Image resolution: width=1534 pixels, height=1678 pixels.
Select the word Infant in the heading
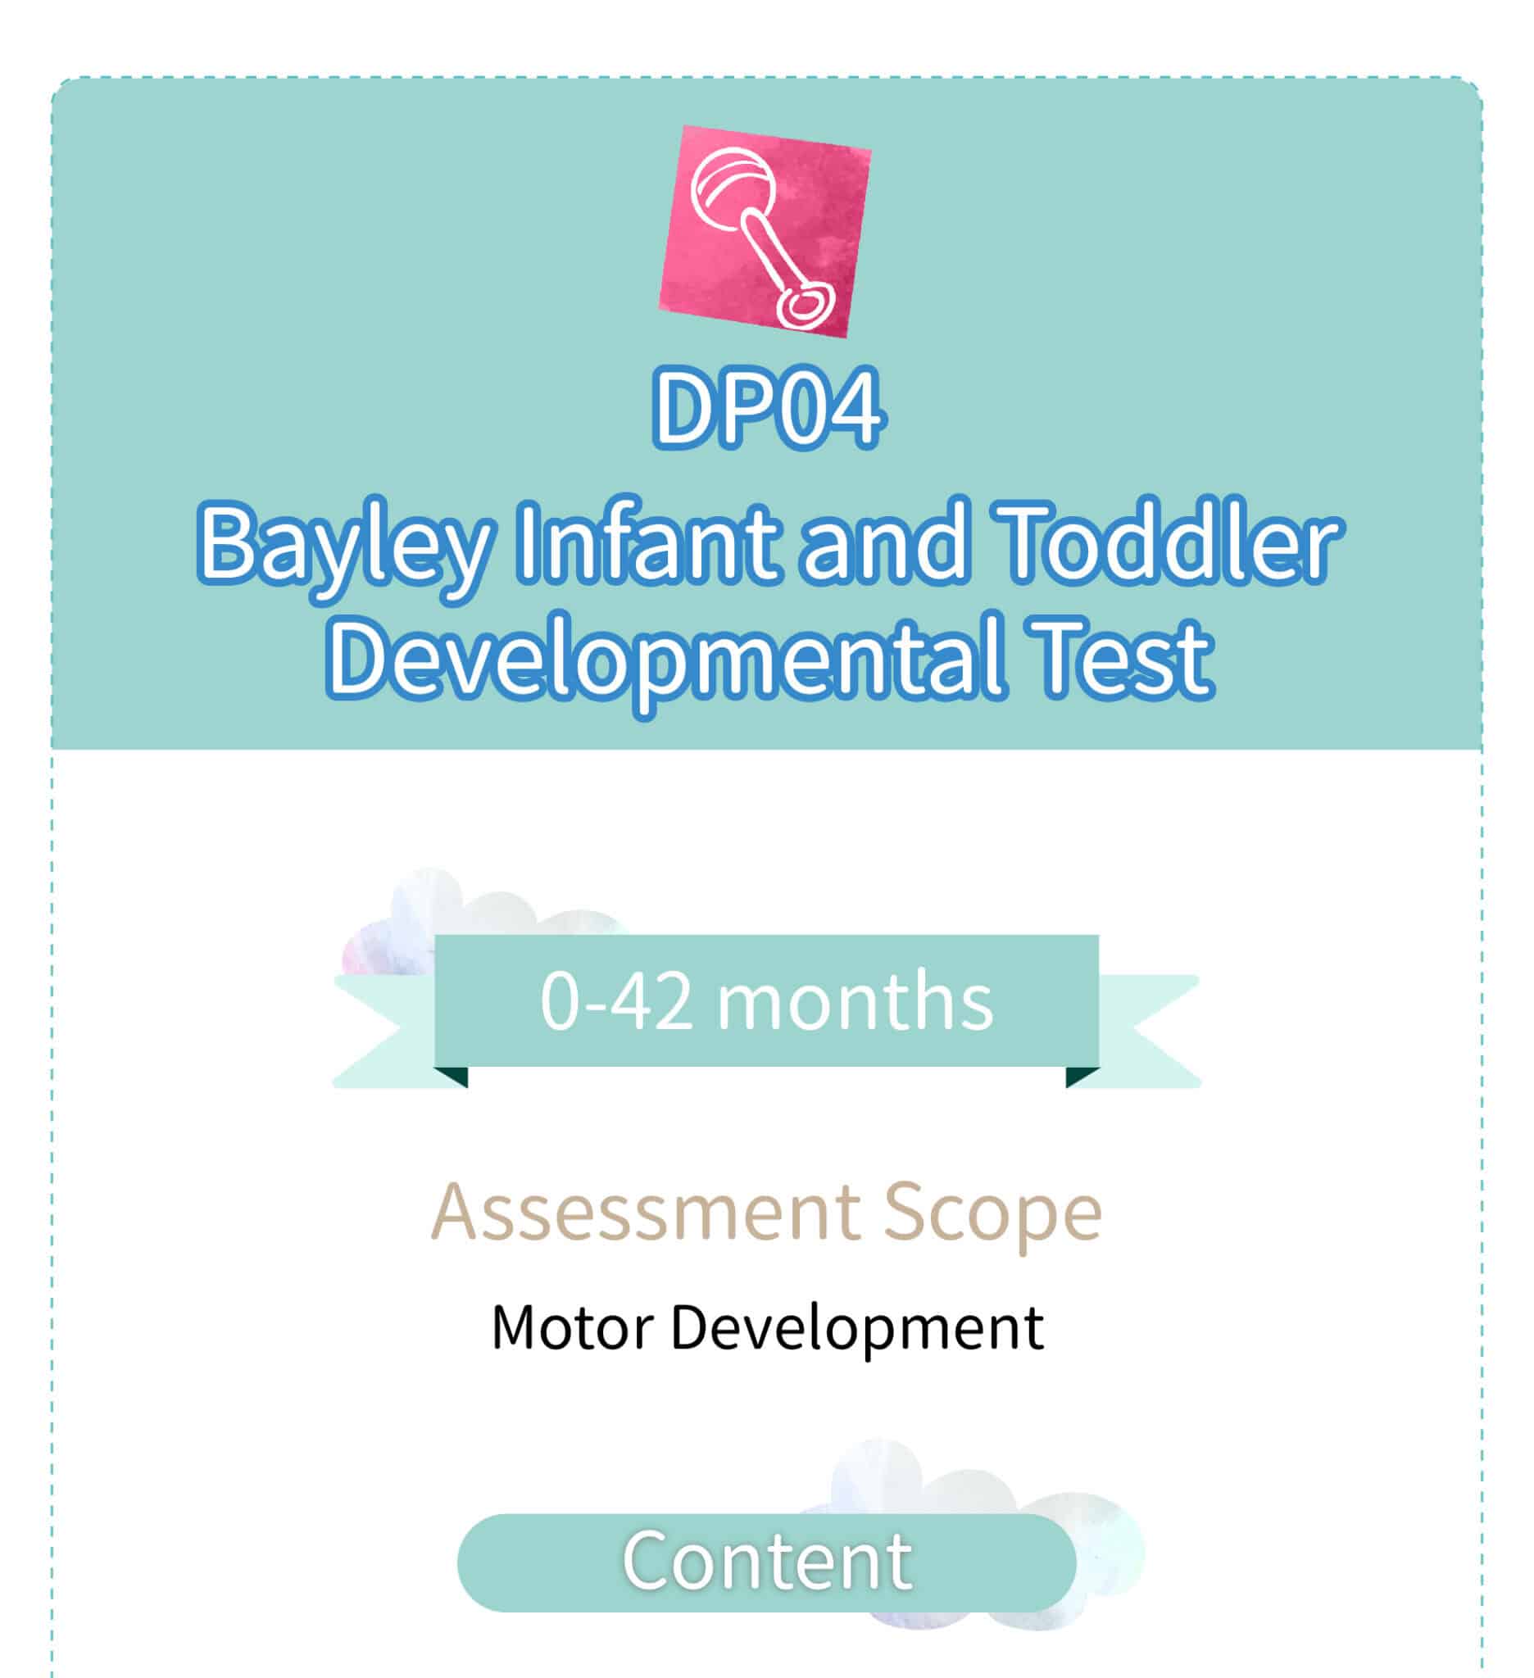point(648,543)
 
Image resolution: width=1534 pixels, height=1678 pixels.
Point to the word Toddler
point(1170,543)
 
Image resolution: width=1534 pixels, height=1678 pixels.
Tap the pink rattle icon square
point(765,231)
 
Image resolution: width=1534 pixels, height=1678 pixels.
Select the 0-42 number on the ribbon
point(616,1001)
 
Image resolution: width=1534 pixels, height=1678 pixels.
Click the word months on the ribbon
point(855,1000)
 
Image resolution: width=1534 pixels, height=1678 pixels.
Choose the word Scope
point(993,1218)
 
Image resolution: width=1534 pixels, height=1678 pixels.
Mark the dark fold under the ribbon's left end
point(455,1077)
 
